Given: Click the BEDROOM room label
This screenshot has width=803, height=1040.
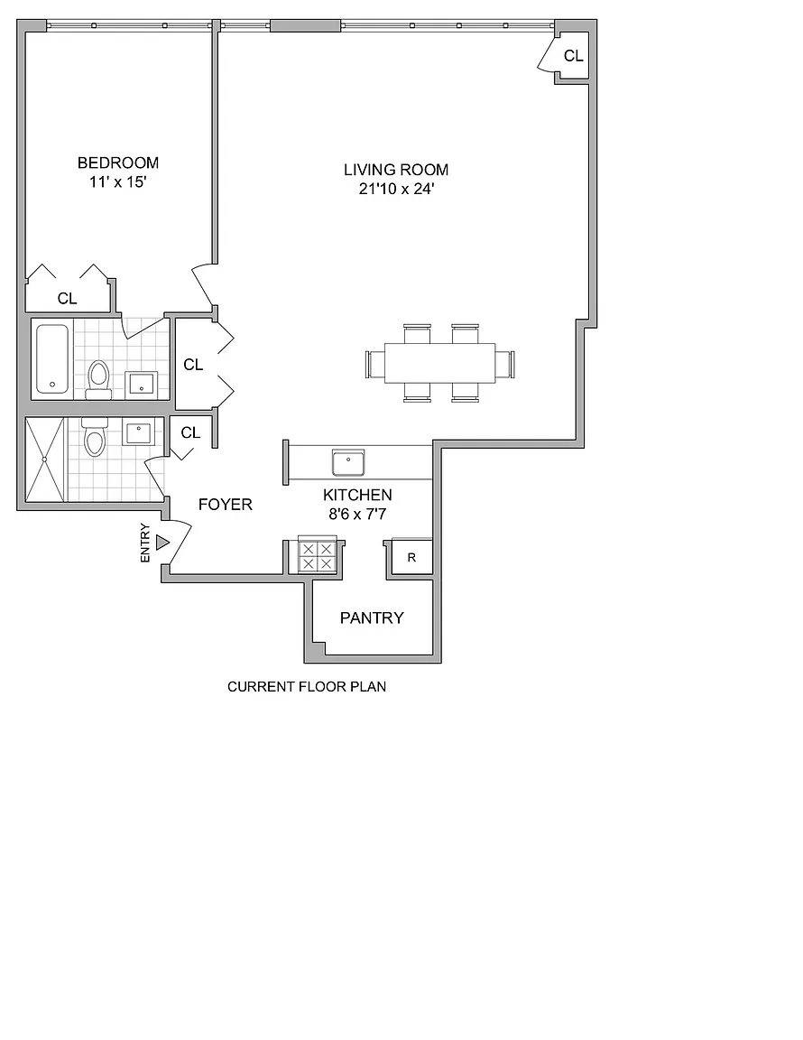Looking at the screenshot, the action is pyautogui.click(x=118, y=162).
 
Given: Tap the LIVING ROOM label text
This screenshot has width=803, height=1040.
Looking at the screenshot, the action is pyautogui.click(x=396, y=170).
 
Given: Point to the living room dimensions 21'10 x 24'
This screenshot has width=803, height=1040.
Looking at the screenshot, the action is pyautogui.click(x=396, y=189).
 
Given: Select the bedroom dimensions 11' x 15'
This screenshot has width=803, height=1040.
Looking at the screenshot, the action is pyautogui.click(x=117, y=181).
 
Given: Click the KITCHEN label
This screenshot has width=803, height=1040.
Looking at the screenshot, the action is pyautogui.click(x=357, y=495).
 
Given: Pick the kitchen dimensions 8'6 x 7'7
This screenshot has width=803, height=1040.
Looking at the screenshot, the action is pyautogui.click(x=357, y=514).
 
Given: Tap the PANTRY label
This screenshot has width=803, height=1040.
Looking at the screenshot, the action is pyautogui.click(x=372, y=618).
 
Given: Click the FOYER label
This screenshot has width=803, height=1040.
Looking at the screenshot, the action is pyautogui.click(x=226, y=505).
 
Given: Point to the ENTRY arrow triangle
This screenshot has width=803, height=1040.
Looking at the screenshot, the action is pyautogui.click(x=162, y=543).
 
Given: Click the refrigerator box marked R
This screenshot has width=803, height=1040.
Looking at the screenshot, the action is pyautogui.click(x=411, y=557).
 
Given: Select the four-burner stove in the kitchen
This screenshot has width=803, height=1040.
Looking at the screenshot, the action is pyautogui.click(x=317, y=554).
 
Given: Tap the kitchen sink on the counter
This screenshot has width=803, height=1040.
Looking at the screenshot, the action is pyautogui.click(x=348, y=462).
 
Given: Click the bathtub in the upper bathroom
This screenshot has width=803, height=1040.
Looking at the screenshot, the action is pyautogui.click(x=52, y=358).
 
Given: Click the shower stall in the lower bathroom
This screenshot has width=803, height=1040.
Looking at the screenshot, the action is pyautogui.click(x=44, y=459).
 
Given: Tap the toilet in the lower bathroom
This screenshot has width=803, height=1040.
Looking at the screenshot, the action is pyautogui.click(x=94, y=436).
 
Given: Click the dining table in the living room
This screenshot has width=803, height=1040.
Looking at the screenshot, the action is pyautogui.click(x=440, y=363).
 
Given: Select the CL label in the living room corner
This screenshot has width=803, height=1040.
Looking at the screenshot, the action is pyautogui.click(x=574, y=56).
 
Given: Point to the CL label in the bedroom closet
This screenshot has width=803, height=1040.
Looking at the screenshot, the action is pyautogui.click(x=67, y=299).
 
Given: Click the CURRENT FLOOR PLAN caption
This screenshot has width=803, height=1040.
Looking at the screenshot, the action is pyautogui.click(x=307, y=686).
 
